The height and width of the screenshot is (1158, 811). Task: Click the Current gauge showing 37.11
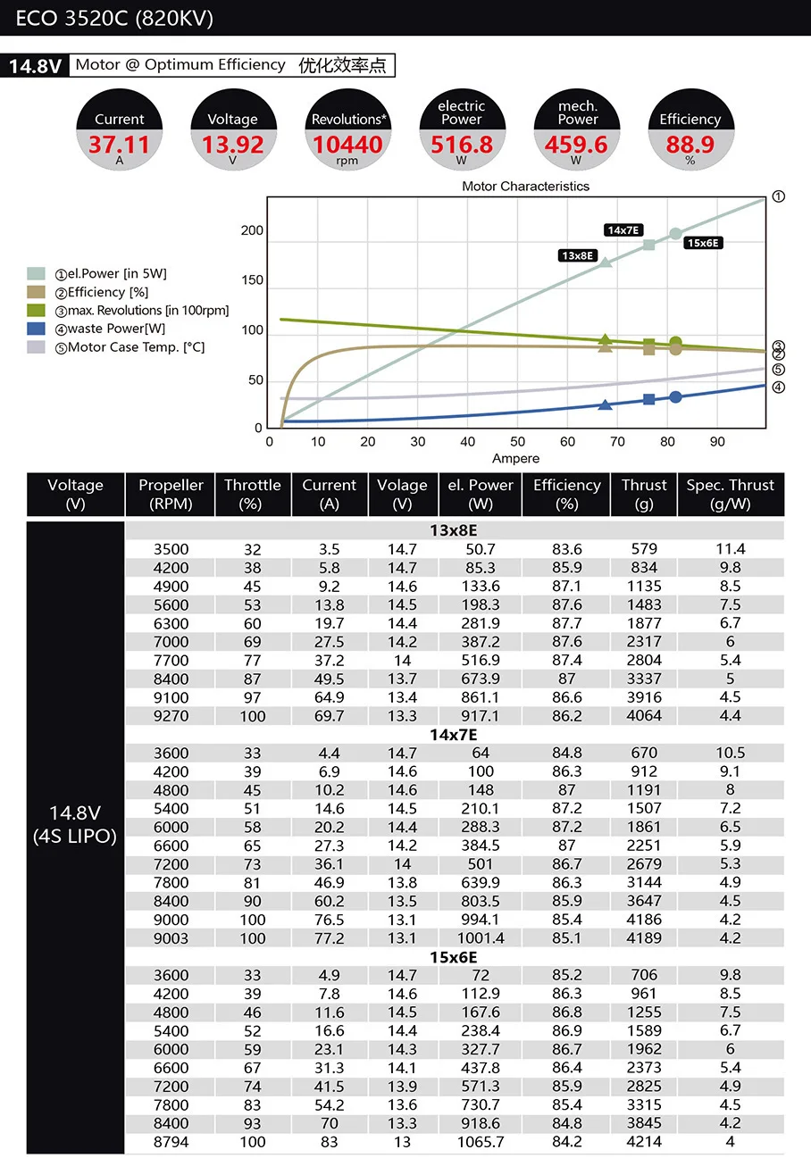point(119,131)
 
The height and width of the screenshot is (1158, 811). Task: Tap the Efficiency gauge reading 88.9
point(690,131)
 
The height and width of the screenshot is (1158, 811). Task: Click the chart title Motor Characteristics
point(525,187)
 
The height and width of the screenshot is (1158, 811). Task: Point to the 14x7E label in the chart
point(624,230)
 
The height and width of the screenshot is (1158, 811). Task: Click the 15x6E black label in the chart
point(703,243)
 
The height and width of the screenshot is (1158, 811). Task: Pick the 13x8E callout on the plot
point(578,255)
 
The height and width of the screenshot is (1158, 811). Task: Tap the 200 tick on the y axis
point(252,231)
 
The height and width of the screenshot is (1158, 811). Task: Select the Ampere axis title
point(516,458)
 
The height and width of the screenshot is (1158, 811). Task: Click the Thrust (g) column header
point(644,494)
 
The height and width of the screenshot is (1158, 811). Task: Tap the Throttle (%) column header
point(252,494)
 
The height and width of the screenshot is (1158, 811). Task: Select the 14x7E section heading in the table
point(455,735)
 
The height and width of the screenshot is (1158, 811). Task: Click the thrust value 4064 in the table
point(644,716)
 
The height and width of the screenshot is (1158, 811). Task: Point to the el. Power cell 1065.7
point(481,1142)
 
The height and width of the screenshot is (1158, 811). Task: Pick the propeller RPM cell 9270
point(171,716)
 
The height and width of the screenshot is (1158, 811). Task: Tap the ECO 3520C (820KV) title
point(114,19)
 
